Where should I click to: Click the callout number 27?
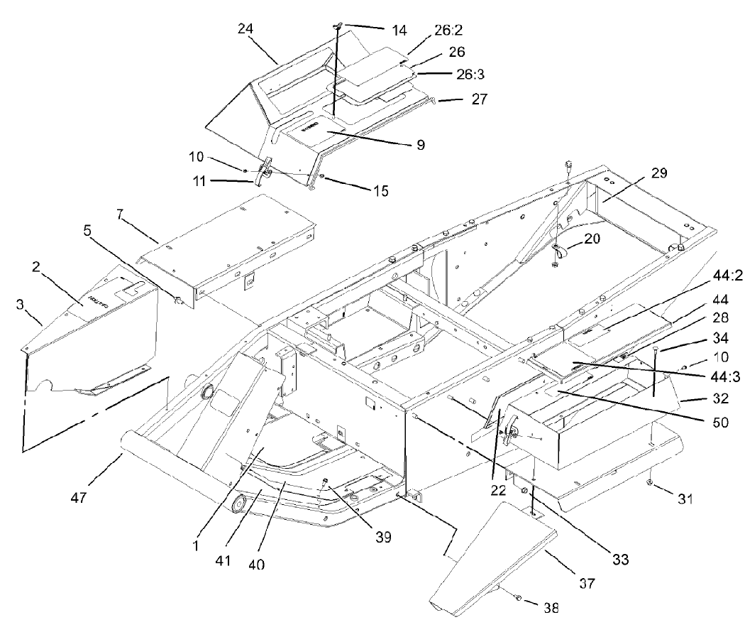coord(479,99)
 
